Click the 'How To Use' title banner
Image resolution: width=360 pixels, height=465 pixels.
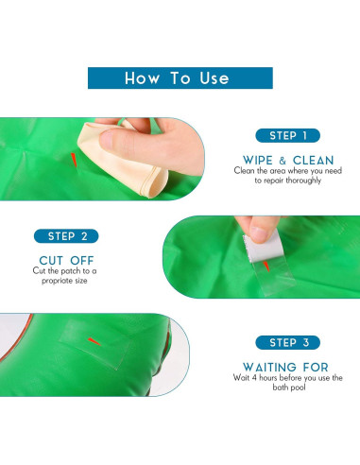coord(180,77)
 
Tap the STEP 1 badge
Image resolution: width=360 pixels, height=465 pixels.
coord(287,135)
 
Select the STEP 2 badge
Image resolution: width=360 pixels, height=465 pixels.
coord(66,236)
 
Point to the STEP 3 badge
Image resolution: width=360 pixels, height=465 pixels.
coord(287,342)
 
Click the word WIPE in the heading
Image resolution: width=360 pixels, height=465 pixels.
coord(258,160)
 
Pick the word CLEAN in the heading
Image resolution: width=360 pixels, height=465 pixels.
coord(313,160)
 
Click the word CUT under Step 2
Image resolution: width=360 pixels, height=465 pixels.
coord(51,261)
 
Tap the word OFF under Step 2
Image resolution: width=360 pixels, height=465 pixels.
coord(82,261)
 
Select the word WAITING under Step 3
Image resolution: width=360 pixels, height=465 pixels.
coord(269,367)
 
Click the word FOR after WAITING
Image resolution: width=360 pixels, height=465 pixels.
coord(316,367)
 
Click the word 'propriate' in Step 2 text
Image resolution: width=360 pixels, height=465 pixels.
coord(58,281)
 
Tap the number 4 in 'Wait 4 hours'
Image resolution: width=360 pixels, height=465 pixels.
coord(253,377)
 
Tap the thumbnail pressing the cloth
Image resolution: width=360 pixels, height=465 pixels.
coord(107,140)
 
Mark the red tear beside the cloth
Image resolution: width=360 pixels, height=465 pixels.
coord(74,160)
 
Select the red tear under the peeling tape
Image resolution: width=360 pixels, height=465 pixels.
coord(266,267)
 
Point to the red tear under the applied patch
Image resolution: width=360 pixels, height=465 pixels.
coord(94,341)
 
